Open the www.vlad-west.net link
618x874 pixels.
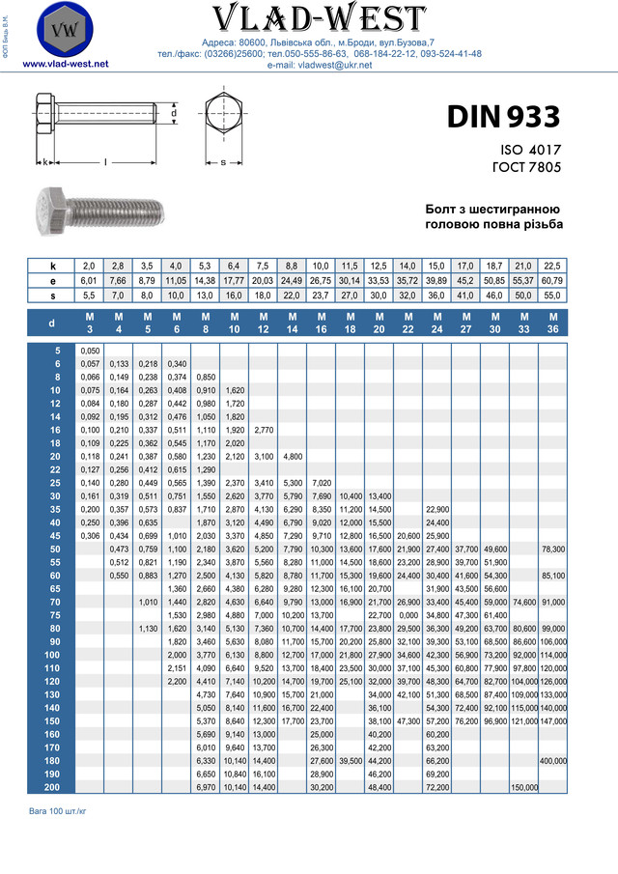[65, 64]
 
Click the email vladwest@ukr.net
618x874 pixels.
[320, 64]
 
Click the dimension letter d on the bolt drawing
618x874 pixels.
[173, 113]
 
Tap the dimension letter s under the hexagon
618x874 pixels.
[223, 161]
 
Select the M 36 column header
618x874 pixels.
[553, 322]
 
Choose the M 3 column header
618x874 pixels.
[90, 322]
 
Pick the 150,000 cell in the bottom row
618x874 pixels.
[524, 788]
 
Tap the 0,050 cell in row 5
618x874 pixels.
[90, 351]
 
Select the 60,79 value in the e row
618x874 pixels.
[553, 280]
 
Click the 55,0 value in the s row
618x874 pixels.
[553, 295]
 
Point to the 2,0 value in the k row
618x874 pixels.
[89, 266]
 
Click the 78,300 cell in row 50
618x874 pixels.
[553, 549]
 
